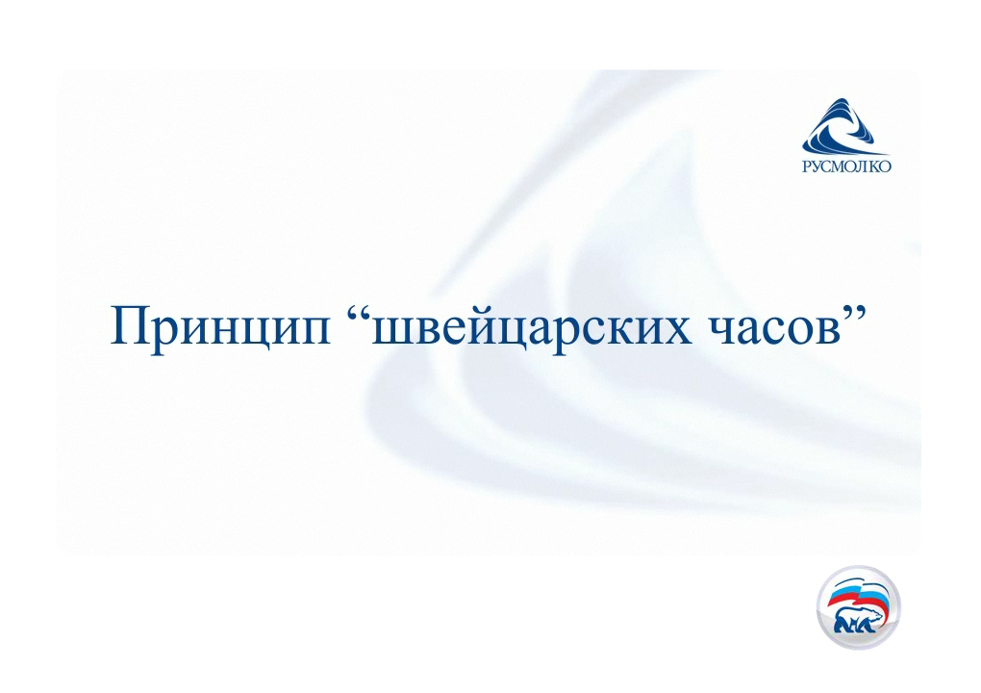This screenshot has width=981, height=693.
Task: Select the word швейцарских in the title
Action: [532, 328]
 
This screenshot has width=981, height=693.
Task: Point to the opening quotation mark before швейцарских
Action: [358, 313]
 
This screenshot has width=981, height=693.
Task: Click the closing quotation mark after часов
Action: [854, 313]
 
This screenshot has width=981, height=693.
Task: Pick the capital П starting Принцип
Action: [130, 325]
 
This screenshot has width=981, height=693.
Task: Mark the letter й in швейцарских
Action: [484, 325]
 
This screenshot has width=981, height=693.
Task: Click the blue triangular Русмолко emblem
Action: [845, 126]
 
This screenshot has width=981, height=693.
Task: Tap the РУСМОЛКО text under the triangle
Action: [846, 166]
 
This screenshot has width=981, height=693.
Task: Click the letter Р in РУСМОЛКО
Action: [807, 166]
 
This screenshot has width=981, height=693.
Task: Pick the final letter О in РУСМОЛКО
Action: [885, 166]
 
